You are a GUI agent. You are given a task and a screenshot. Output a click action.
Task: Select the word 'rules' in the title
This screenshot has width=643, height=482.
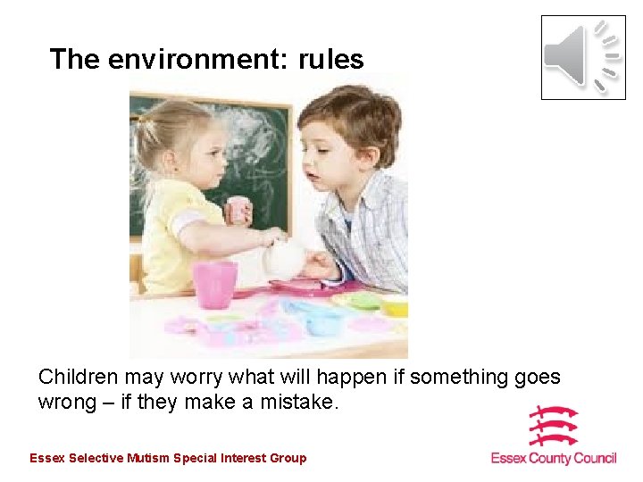330,60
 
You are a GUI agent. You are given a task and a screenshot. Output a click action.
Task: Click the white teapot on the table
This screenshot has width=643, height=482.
283,258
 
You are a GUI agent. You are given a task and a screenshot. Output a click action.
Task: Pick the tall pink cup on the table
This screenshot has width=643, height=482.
215,285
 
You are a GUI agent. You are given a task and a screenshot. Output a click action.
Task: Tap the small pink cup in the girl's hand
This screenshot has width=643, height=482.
238,210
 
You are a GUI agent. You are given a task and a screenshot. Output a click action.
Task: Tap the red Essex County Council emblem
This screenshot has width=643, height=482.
553,426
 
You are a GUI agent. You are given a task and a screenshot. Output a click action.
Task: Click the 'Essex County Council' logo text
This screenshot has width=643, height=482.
554,459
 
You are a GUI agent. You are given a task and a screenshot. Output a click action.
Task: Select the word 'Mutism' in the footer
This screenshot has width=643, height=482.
149,459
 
